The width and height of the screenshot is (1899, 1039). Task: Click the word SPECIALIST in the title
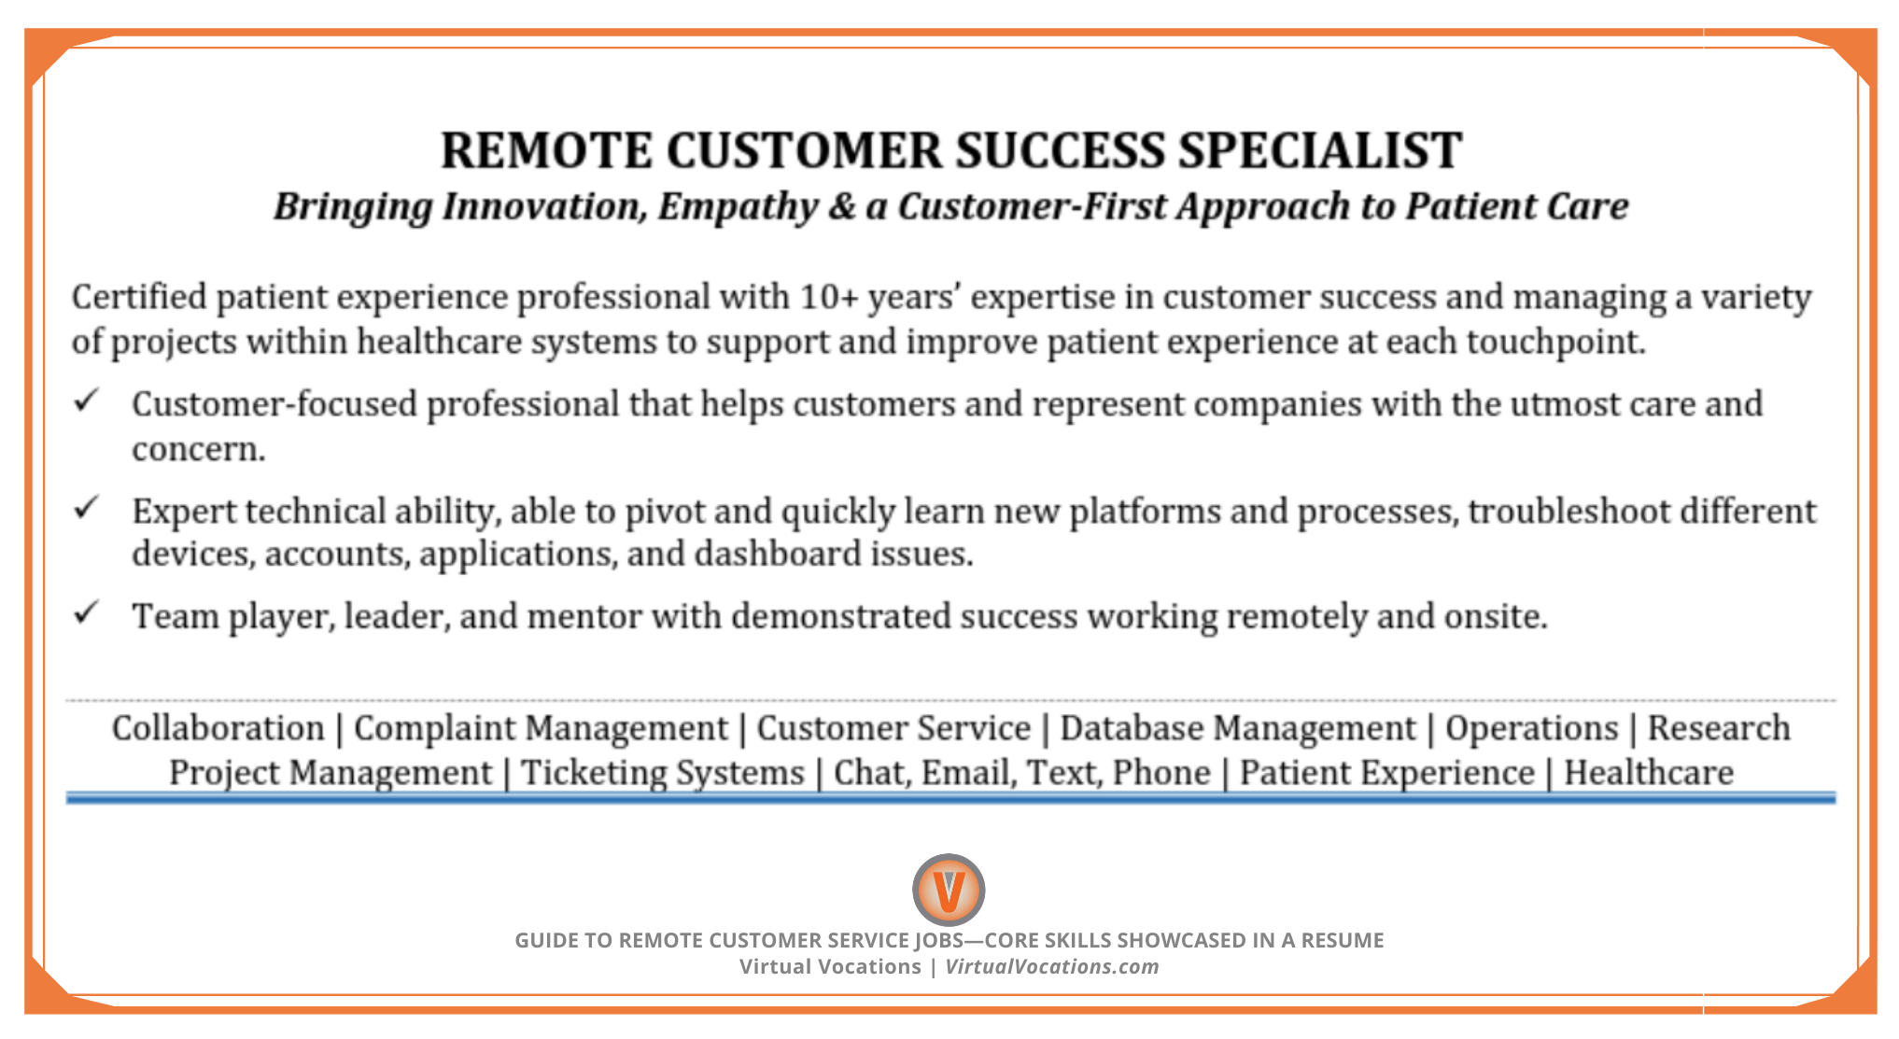pyautogui.click(x=1319, y=151)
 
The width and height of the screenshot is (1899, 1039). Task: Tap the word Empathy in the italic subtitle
pyautogui.click(x=738, y=206)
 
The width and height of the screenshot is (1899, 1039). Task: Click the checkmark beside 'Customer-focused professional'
pyautogui.click(x=87, y=401)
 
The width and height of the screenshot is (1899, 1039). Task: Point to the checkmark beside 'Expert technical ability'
pyautogui.click(x=87, y=508)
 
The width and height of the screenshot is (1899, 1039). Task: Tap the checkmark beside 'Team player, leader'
pyautogui.click(x=87, y=613)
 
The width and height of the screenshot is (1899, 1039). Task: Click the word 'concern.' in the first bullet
pyautogui.click(x=198, y=450)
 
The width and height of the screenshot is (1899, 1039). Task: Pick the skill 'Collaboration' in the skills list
pyautogui.click(x=218, y=728)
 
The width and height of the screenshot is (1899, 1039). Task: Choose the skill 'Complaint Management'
pyautogui.click(x=541, y=728)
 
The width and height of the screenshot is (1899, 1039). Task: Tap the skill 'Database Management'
pyautogui.click(x=1238, y=728)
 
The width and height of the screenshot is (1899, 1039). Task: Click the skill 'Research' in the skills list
pyautogui.click(x=1719, y=728)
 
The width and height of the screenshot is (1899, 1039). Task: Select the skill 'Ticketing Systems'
pyautogui.click(x=662, y=773)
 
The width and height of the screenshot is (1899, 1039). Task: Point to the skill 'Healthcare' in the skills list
pyautogui.click(x=1648, y=773)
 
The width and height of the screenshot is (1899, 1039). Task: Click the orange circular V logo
pyautogui.click(x=949, y=890)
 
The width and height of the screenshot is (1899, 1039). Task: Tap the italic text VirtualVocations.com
pyautogui.click(x=1051, y=967)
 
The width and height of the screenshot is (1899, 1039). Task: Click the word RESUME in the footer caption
pyautogui.click(x=1343, y=941)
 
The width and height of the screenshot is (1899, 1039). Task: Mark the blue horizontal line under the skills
pyautogui.click(x=949, y=797)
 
